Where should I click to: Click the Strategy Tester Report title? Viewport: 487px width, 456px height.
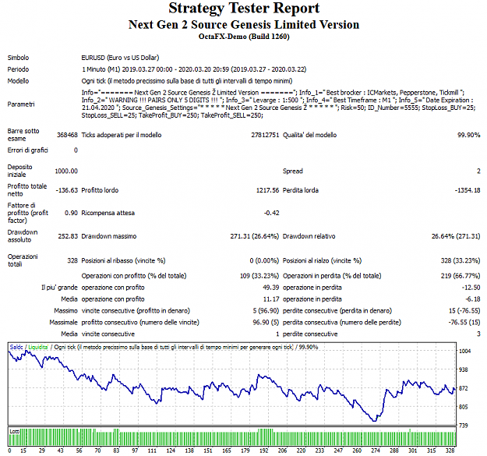point(244,9)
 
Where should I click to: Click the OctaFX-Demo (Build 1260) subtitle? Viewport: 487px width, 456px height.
point(244,37)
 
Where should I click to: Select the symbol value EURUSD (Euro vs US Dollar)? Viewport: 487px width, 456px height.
point(120,58)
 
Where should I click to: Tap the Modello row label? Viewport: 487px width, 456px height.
point(18,81)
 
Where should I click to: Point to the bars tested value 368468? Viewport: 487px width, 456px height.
point(67,135)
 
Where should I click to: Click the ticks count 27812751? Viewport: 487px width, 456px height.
point(265,135)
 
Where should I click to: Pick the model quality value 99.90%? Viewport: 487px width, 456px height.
point(468,135)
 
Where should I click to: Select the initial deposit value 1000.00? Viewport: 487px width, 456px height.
point(66,171)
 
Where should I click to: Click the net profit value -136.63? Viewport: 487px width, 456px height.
point(66,190)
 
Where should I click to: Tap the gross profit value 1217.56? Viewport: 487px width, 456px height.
point(267,190)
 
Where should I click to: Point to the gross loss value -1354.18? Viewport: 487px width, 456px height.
point(468,190)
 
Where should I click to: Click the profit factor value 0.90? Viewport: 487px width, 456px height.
point(71,213)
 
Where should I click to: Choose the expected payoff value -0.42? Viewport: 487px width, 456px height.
point(271,213)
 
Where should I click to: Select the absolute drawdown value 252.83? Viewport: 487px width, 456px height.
point(68,236)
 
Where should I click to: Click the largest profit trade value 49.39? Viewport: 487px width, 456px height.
point(271,288)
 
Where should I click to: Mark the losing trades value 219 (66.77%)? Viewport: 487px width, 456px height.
point(461,276)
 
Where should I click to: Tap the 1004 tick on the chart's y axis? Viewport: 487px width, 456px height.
point(465,352)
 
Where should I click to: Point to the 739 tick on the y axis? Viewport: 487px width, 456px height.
point(463,426)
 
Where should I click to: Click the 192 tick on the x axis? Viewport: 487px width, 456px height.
point(263,451)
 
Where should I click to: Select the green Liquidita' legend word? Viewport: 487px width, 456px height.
point(38,348)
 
